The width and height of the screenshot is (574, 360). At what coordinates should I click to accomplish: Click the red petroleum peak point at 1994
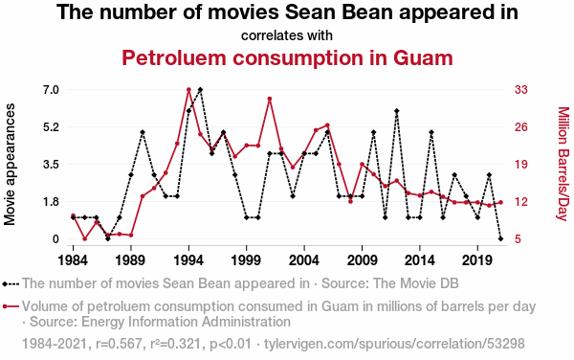point(188,89)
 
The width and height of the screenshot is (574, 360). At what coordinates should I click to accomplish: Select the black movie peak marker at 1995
point(200,89)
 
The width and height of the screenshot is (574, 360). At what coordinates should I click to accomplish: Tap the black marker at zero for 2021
point(500,238)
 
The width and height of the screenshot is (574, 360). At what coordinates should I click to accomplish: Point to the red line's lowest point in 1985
point(85,238)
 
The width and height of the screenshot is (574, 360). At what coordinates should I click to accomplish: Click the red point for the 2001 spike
point(270,99)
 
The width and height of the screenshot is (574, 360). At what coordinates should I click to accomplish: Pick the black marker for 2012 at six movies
point(397,111)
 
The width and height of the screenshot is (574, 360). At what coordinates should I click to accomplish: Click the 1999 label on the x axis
point(247,260)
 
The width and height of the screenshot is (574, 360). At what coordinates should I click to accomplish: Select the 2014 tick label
point(420,260)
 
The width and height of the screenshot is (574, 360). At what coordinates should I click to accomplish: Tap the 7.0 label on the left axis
point(51,90)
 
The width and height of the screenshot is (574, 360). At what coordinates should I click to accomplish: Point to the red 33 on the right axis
point(521,90)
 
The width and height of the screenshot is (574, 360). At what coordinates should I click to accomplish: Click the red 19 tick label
point(521,165)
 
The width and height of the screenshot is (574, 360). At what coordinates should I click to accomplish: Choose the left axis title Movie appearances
point(10,165)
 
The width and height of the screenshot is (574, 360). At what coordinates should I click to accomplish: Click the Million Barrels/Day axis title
point(563,164)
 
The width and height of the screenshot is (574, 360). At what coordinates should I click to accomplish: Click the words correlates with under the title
point(287,35)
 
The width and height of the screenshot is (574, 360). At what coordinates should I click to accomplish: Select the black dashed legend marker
point(11,283)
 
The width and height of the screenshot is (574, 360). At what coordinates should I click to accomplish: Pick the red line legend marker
point(11,306)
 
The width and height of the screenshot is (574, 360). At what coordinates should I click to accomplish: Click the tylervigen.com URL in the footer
point(394,344)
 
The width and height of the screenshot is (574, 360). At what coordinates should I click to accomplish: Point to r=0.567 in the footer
point(119,344)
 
